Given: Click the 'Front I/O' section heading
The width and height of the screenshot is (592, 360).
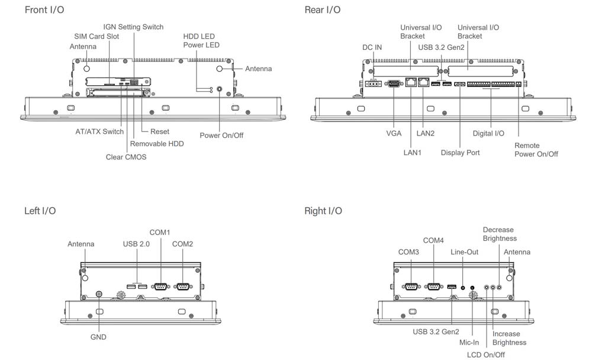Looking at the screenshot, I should pos(44,10).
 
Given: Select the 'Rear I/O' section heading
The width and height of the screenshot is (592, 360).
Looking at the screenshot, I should pos(322,10).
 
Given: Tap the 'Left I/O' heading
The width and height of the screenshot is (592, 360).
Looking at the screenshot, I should pos(40,211).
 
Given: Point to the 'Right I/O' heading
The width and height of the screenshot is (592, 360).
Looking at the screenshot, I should pos(323,211).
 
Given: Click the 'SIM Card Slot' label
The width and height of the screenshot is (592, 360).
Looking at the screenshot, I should pos(96,37).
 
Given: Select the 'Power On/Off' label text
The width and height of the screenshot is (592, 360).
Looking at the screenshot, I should pos(221,136).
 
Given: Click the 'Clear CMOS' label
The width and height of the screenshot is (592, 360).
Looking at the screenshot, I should pos(126,157).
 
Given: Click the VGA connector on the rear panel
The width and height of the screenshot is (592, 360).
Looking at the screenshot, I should pos(394,84).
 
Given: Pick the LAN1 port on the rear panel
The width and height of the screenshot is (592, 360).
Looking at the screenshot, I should pos(410,83).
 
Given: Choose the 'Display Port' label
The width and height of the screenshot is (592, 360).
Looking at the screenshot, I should pos(460,153).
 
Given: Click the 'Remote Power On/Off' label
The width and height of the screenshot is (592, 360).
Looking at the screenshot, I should pos(536,150).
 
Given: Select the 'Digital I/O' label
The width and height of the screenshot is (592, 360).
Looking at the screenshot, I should pos(488,134).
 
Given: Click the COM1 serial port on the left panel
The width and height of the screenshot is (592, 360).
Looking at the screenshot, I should pos(160,287).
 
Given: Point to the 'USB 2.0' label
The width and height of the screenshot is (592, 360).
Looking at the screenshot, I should pos(137,244).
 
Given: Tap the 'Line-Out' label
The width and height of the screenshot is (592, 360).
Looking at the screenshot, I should pos(464,252).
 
